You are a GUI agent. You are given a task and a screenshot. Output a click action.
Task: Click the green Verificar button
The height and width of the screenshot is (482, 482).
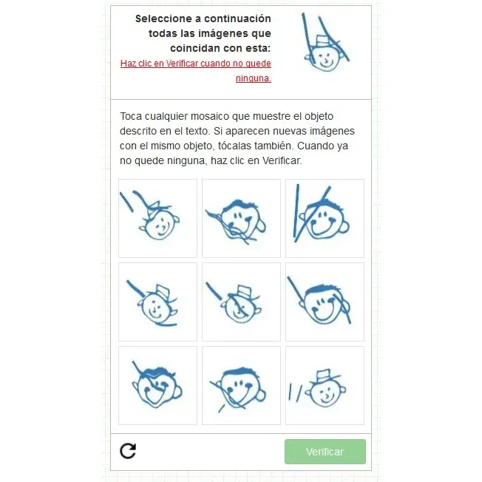(x=325, y=451)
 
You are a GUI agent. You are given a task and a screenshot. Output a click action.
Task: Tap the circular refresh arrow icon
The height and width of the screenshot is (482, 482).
(x=128, y=451)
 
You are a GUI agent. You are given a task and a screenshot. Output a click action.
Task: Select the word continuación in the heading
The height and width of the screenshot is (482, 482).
(x=237, y=18)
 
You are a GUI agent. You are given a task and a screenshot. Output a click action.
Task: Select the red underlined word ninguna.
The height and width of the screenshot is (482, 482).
(x=254, y=78)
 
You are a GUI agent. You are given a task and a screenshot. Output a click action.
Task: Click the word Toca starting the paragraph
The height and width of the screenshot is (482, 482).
(x=131, y=116)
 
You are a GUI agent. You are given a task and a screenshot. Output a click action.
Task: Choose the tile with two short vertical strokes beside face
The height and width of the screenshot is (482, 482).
(x=325, y=385)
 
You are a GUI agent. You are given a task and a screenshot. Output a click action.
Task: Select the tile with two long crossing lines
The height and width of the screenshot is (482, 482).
(x=325, y=218)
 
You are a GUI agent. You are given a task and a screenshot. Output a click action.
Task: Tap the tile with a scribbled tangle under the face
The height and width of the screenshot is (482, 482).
(x=241, y=218)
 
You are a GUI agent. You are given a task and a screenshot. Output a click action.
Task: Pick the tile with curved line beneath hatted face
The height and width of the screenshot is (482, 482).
(x=157, y=302)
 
